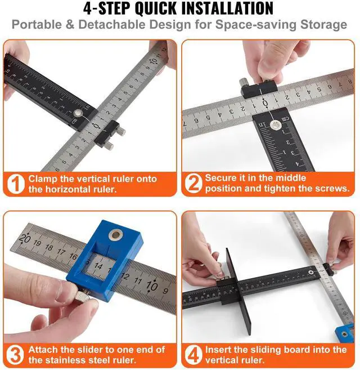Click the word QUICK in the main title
point(155,8)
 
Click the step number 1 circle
point(16,184)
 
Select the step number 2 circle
point(193,184)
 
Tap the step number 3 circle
point(15,355)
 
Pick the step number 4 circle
point(193,355)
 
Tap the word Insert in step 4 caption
point(218,350)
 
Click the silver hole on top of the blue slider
point(115,235)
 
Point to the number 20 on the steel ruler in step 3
point(25,239)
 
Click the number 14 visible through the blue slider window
point(98,266)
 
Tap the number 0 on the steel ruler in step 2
point(265,104)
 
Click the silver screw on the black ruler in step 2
point(274,125)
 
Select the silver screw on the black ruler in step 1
point(77,113)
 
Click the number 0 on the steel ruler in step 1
point(96,126)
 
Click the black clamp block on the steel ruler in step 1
point(107,133)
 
